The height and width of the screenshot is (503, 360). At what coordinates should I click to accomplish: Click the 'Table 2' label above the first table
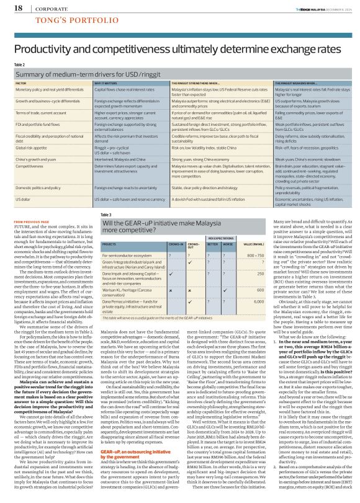click(x=19, y=65)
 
